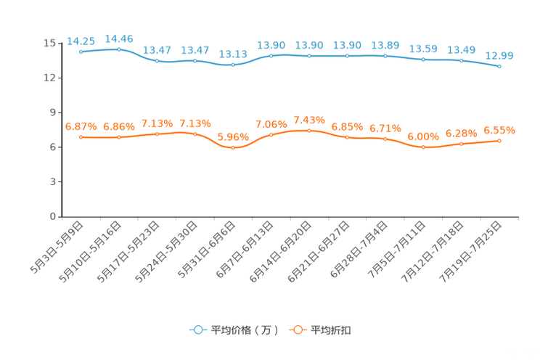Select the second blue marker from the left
point(119,49)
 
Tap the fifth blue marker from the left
point(233,65)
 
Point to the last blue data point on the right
point(499,67)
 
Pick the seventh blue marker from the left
point(309,56)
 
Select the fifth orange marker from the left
point(233,148)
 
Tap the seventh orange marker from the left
point(309,131)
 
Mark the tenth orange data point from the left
point(423,147)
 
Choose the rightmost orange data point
point(499,141)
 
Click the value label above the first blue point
point(81,41)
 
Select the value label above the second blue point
point(119,38)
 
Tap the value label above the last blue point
point(499,55)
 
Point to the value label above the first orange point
point(81,126)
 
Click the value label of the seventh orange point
point(309,120)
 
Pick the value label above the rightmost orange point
point(499,130)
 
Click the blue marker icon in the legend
point(198,330)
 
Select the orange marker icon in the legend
point(298,330)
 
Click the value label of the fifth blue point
point(233,54)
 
